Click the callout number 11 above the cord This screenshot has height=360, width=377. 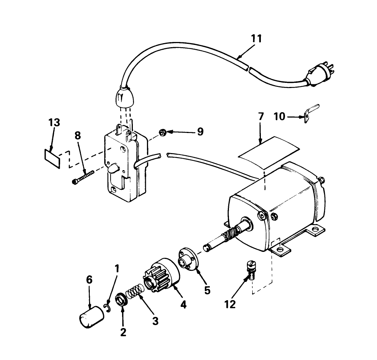coord(256,39)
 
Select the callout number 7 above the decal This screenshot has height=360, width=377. coord(260,116)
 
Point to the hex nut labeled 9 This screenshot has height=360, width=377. coord(162,132)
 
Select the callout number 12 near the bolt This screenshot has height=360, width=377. coord(230,304)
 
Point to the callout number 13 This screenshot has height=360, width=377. coord(54,122)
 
